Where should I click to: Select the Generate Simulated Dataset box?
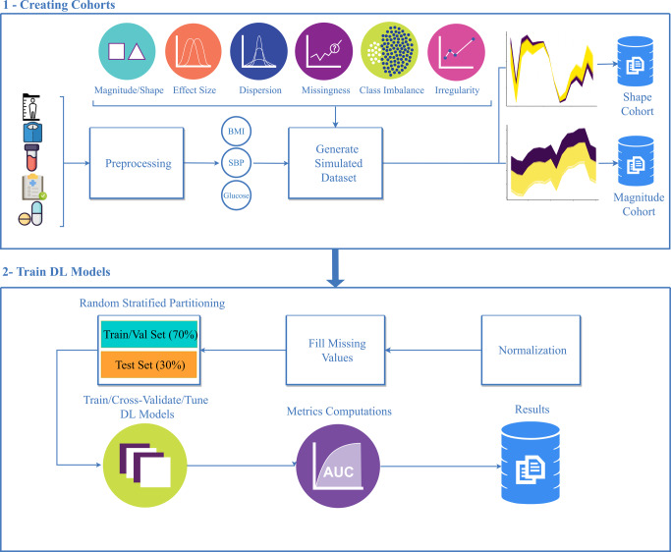(x=337, y=164)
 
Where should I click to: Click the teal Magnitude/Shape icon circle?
(x=127, y=52)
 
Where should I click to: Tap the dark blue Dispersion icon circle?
(x=257, y=52)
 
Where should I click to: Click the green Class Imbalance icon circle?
(x=390, y=52)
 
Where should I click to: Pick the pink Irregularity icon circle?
(x=456, y=52)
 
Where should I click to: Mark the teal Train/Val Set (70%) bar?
(x=148, y=336)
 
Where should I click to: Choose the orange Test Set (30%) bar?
(x=148, y=365)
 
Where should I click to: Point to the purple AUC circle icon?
(x=336, y=463)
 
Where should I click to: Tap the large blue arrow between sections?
(x=337, y=269)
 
